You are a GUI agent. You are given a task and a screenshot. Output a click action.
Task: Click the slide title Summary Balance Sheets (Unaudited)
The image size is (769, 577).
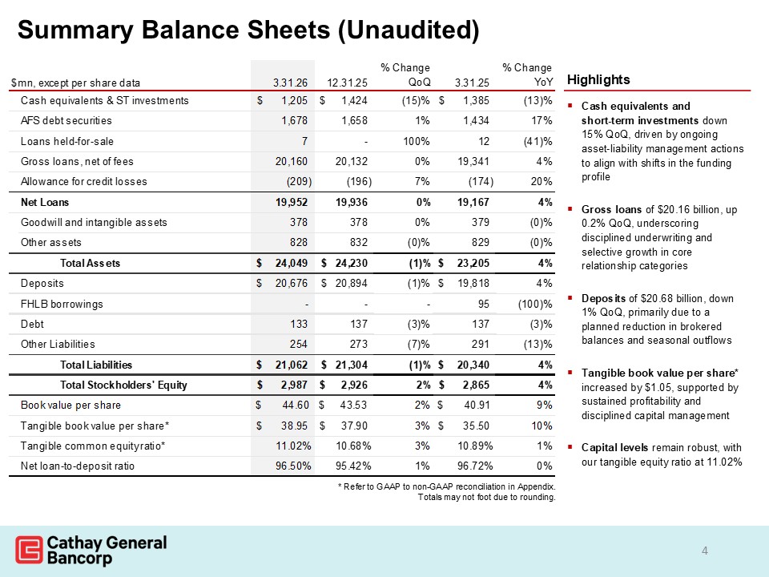coord(248,30)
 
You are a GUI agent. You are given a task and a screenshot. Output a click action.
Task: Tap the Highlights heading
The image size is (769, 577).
coord(598,80)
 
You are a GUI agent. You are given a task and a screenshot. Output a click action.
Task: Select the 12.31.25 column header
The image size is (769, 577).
coord(347,82)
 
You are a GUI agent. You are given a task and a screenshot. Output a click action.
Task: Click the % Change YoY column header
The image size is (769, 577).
coord(526,75)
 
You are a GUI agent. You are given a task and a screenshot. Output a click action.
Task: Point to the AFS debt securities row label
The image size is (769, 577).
coord(66,121)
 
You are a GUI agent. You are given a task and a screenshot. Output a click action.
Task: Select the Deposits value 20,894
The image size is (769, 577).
coord(349,283)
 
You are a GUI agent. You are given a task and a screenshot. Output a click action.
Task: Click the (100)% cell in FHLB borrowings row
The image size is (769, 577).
coord(533,305)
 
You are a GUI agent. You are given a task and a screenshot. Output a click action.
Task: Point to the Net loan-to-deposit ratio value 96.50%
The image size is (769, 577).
coord(292,466)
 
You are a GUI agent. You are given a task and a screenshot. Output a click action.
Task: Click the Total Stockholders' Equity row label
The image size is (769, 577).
coord(124,385)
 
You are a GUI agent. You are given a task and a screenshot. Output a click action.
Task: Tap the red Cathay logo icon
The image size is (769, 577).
coord(29,551)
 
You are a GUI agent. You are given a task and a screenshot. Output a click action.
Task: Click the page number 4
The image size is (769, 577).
coord(704,550)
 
